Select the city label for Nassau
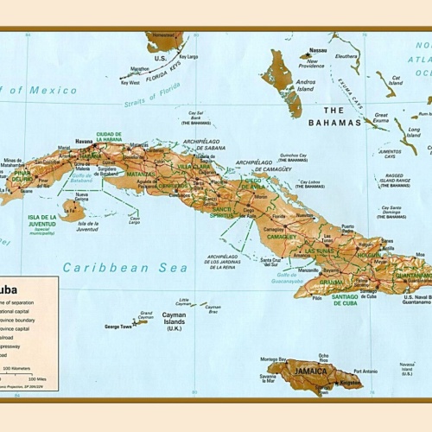319,50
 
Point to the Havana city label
84,141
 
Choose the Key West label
130,83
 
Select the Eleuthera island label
348,56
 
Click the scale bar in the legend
26,373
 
